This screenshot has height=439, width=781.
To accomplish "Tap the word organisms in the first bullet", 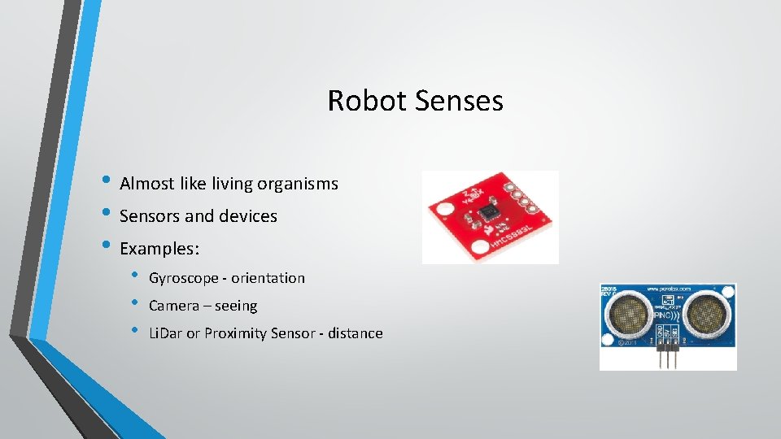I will pos(298,184).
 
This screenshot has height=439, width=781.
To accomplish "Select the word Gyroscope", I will pos(183,278).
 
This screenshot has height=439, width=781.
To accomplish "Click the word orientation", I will pos(268,278).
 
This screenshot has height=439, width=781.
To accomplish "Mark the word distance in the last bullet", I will pos(351,333).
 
